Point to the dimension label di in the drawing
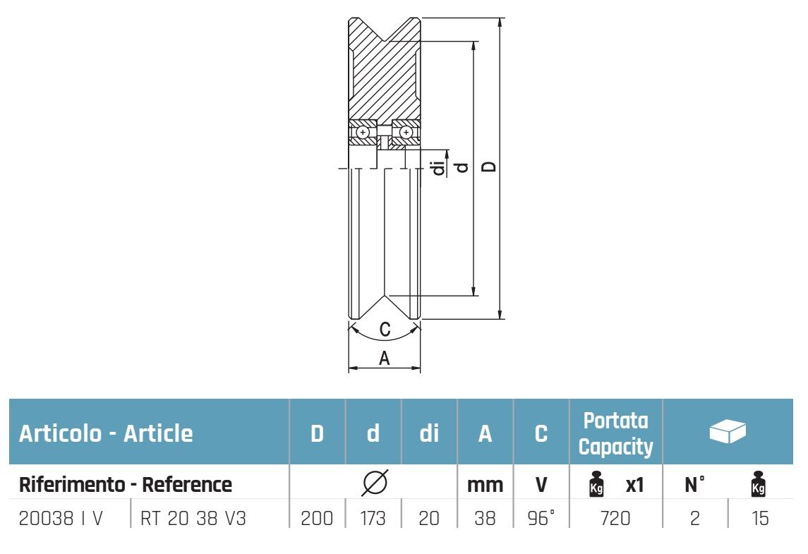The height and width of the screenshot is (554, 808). click(x=439, y=168)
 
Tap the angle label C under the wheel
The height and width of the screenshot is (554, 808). click(x=385, y=330)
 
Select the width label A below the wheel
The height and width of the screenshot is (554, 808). click(x=385, y=359)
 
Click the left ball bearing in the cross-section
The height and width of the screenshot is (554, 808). click(x=363, y=132)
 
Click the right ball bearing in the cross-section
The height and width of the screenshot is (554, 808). click(x=406, y=132)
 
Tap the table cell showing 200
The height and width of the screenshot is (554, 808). click(x=317, y=519)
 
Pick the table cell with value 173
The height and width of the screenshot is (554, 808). click(x=373, y=519)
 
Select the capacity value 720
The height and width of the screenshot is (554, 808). click(x=615, y=519)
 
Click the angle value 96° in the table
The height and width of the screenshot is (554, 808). click(x=541, y=519)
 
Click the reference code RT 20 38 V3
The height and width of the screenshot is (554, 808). click(x=194, y=519)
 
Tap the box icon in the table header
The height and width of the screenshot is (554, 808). click(x=728, y=430)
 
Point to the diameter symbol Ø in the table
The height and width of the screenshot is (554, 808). click(x=374, y=483)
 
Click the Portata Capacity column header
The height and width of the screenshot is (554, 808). click(x=615, y=433)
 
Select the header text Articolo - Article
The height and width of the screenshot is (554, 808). click(x=106, y=433)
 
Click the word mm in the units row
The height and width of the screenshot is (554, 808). click(x=485, y=485)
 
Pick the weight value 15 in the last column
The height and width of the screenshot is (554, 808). click(x=759, y=519)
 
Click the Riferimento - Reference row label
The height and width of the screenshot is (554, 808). click(x=125, y=485)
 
